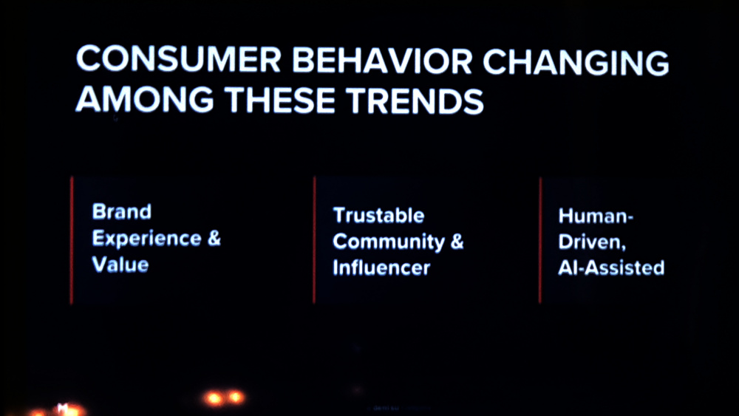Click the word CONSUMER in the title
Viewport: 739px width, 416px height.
(x=178, y=60)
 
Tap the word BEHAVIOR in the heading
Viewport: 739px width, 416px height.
(x=382, y=61)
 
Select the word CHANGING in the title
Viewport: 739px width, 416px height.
(x=576, y=62)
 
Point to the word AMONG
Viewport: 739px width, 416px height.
(x=145, y=100)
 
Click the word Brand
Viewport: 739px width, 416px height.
(x=122, y=211)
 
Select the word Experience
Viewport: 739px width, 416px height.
(x=146, y=239)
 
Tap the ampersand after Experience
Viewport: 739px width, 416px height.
(x=214, y=238)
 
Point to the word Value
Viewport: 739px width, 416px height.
(x=120, y=265)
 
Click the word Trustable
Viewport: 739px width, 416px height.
(x=378, y=215)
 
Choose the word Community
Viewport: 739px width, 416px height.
(x=389, y=242)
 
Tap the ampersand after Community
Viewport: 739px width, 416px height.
(x=457, y=241)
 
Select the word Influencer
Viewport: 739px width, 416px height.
(x=381, y=267)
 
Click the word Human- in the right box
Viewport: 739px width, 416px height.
(x=596, y=216)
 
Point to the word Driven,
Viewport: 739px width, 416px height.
(x=592, y=242)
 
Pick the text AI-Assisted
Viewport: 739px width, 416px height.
(x=611, y=267)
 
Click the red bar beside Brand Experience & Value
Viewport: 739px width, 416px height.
(x=72, y=240)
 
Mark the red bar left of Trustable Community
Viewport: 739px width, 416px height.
(x=314, y=240)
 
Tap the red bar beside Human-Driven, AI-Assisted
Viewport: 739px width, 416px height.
(x=540, y=240)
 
